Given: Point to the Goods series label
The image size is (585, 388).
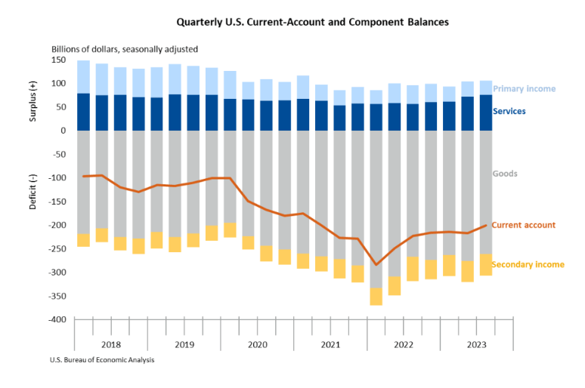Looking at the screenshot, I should [x=505, y=174].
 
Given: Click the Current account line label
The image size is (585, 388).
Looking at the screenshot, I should [x=523, y=225].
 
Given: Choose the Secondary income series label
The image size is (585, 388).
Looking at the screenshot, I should [x=528, y=264].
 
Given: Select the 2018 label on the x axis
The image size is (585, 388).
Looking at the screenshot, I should [x=110, y=344].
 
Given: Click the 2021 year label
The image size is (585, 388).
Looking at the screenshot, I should [x=330, y=344].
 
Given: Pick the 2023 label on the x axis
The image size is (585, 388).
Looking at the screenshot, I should [x=476, y=344].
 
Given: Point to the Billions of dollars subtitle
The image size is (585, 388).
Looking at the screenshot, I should [x=125, y=49].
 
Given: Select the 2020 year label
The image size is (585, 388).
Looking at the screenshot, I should [x=257, y=344].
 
